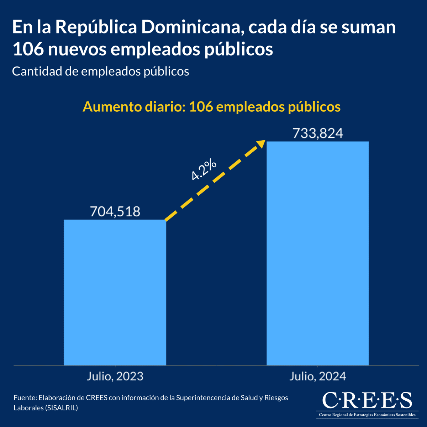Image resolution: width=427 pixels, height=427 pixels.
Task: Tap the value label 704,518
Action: click(115, 211)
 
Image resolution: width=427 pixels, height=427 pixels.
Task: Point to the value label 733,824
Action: click(318, 133)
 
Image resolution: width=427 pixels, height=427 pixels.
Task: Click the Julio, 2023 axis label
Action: click(115, 376)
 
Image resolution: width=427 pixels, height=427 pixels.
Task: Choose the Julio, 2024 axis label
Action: click(318, 376)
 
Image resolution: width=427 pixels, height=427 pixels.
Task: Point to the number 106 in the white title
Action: click(28, 49)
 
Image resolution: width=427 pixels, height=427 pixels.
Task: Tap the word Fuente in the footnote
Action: click(25, 398)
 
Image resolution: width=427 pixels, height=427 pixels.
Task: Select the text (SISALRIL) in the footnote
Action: click(62, 408)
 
